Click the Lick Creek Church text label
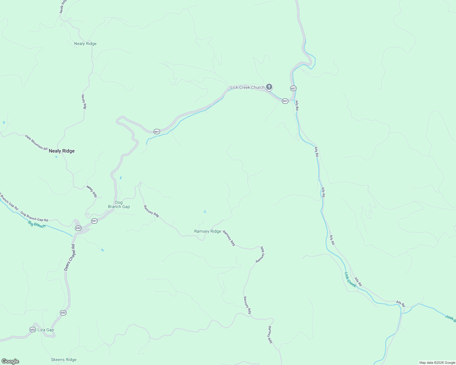247,88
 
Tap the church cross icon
269,87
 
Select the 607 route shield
293,89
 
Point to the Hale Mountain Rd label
36,142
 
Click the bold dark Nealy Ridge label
62,151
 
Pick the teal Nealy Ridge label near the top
85,44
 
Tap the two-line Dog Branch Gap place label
119,205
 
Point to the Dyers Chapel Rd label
69,257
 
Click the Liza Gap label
46,330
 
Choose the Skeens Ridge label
64,360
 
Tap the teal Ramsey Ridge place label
208,231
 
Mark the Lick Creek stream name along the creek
350,280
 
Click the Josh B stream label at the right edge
450,318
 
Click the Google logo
10,361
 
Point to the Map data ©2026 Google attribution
437,363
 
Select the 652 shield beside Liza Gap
33,330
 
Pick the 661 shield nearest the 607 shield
285,101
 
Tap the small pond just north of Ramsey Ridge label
205,212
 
